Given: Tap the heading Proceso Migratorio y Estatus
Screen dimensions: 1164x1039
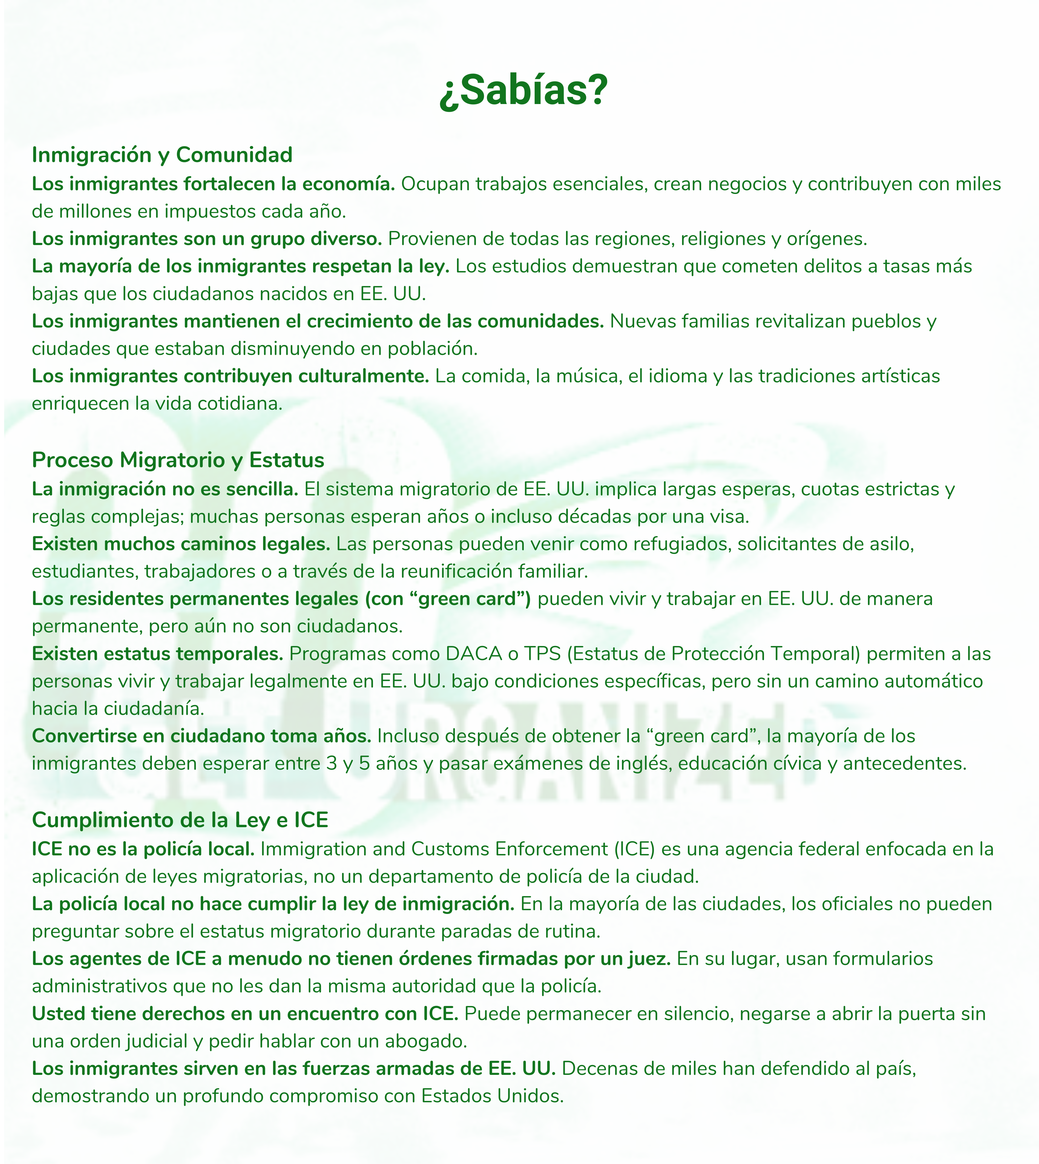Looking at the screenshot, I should pyautogui.click(x=178, y=459).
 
